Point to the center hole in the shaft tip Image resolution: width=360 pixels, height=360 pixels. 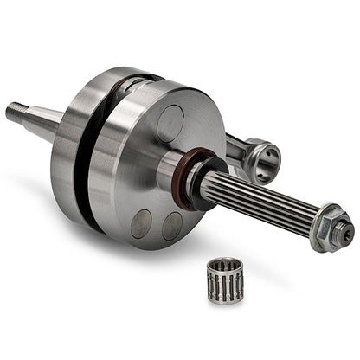point(346,232)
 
